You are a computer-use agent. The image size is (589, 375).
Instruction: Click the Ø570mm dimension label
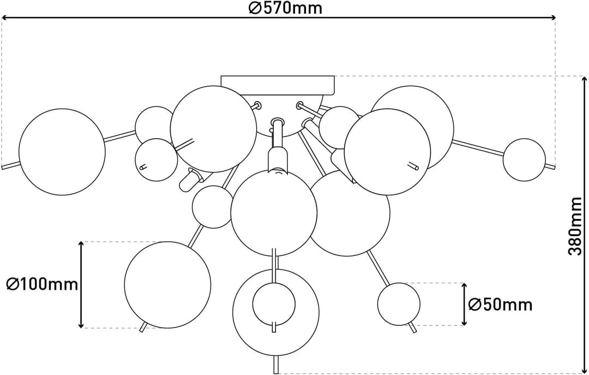click(285, 8)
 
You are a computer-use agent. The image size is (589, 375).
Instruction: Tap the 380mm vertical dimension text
click(575, 226)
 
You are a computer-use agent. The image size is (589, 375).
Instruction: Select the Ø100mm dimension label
click(42, 284)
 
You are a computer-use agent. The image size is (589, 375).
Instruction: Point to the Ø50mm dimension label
click(500, 304)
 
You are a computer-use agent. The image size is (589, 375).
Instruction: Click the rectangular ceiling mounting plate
click(278, 85)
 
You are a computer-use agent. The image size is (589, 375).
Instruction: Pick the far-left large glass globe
click(62, 152)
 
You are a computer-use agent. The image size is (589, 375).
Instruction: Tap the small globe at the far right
click(524, 160)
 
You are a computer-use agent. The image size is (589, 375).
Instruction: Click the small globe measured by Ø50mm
click(399, 304)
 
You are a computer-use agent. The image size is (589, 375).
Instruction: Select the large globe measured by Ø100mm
click(167, 285)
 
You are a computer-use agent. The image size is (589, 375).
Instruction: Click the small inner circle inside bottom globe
click(274, 304)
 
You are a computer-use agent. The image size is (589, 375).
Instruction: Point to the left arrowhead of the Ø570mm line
click(4, 17)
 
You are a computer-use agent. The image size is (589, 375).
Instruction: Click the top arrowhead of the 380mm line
click(585, 79)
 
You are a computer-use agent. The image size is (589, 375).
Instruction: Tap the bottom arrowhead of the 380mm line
click(585, 371)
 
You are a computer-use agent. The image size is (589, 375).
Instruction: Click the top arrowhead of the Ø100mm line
click(81, 245)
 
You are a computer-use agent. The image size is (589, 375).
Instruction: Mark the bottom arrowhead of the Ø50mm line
click(464, 323)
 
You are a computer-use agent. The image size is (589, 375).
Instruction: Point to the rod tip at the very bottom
click(276, 373)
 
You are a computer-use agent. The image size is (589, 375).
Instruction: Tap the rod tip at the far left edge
click(3, 167)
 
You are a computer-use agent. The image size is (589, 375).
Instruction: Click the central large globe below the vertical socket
click(274, 213)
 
